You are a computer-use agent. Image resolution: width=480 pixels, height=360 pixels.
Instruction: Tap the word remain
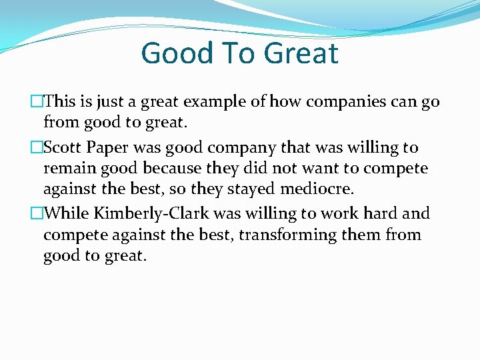click(69, 169)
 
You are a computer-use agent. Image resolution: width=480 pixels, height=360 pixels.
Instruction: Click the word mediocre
click(317, 190)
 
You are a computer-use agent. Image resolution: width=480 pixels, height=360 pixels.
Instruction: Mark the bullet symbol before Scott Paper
click(37, 147)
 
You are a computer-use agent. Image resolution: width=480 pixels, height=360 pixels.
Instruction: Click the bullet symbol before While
click(37, 213)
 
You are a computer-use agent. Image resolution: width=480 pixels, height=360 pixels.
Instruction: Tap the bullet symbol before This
click(37, 102)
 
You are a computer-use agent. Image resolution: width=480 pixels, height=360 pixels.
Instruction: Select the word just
click(110, 102)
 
